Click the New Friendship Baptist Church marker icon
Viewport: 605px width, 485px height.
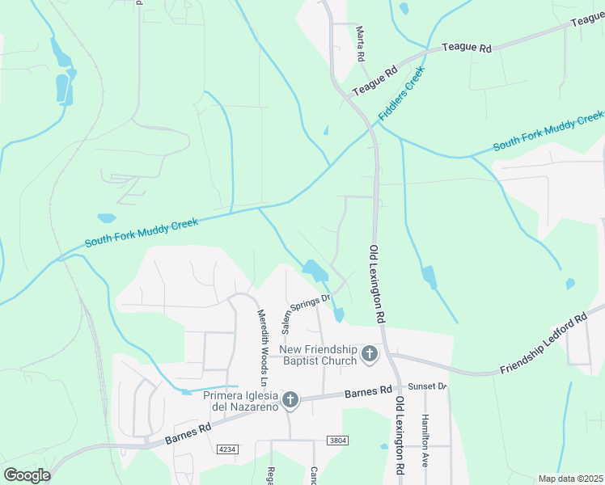[370, 354]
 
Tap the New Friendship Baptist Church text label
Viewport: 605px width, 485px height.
[318, 355]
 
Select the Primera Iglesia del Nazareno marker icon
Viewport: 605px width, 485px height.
[290, 399]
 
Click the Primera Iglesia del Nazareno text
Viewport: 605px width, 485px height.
[240, 400]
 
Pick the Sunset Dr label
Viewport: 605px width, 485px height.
[427, 386]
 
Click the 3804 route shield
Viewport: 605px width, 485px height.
[338, 441]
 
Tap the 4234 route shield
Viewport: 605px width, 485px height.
[228, 449]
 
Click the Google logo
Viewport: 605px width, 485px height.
[27, 474]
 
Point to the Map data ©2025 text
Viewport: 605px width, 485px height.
[570, 479]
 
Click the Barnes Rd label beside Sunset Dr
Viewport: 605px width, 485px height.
[368, 394]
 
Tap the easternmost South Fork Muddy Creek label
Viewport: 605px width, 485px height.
[548, 131]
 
